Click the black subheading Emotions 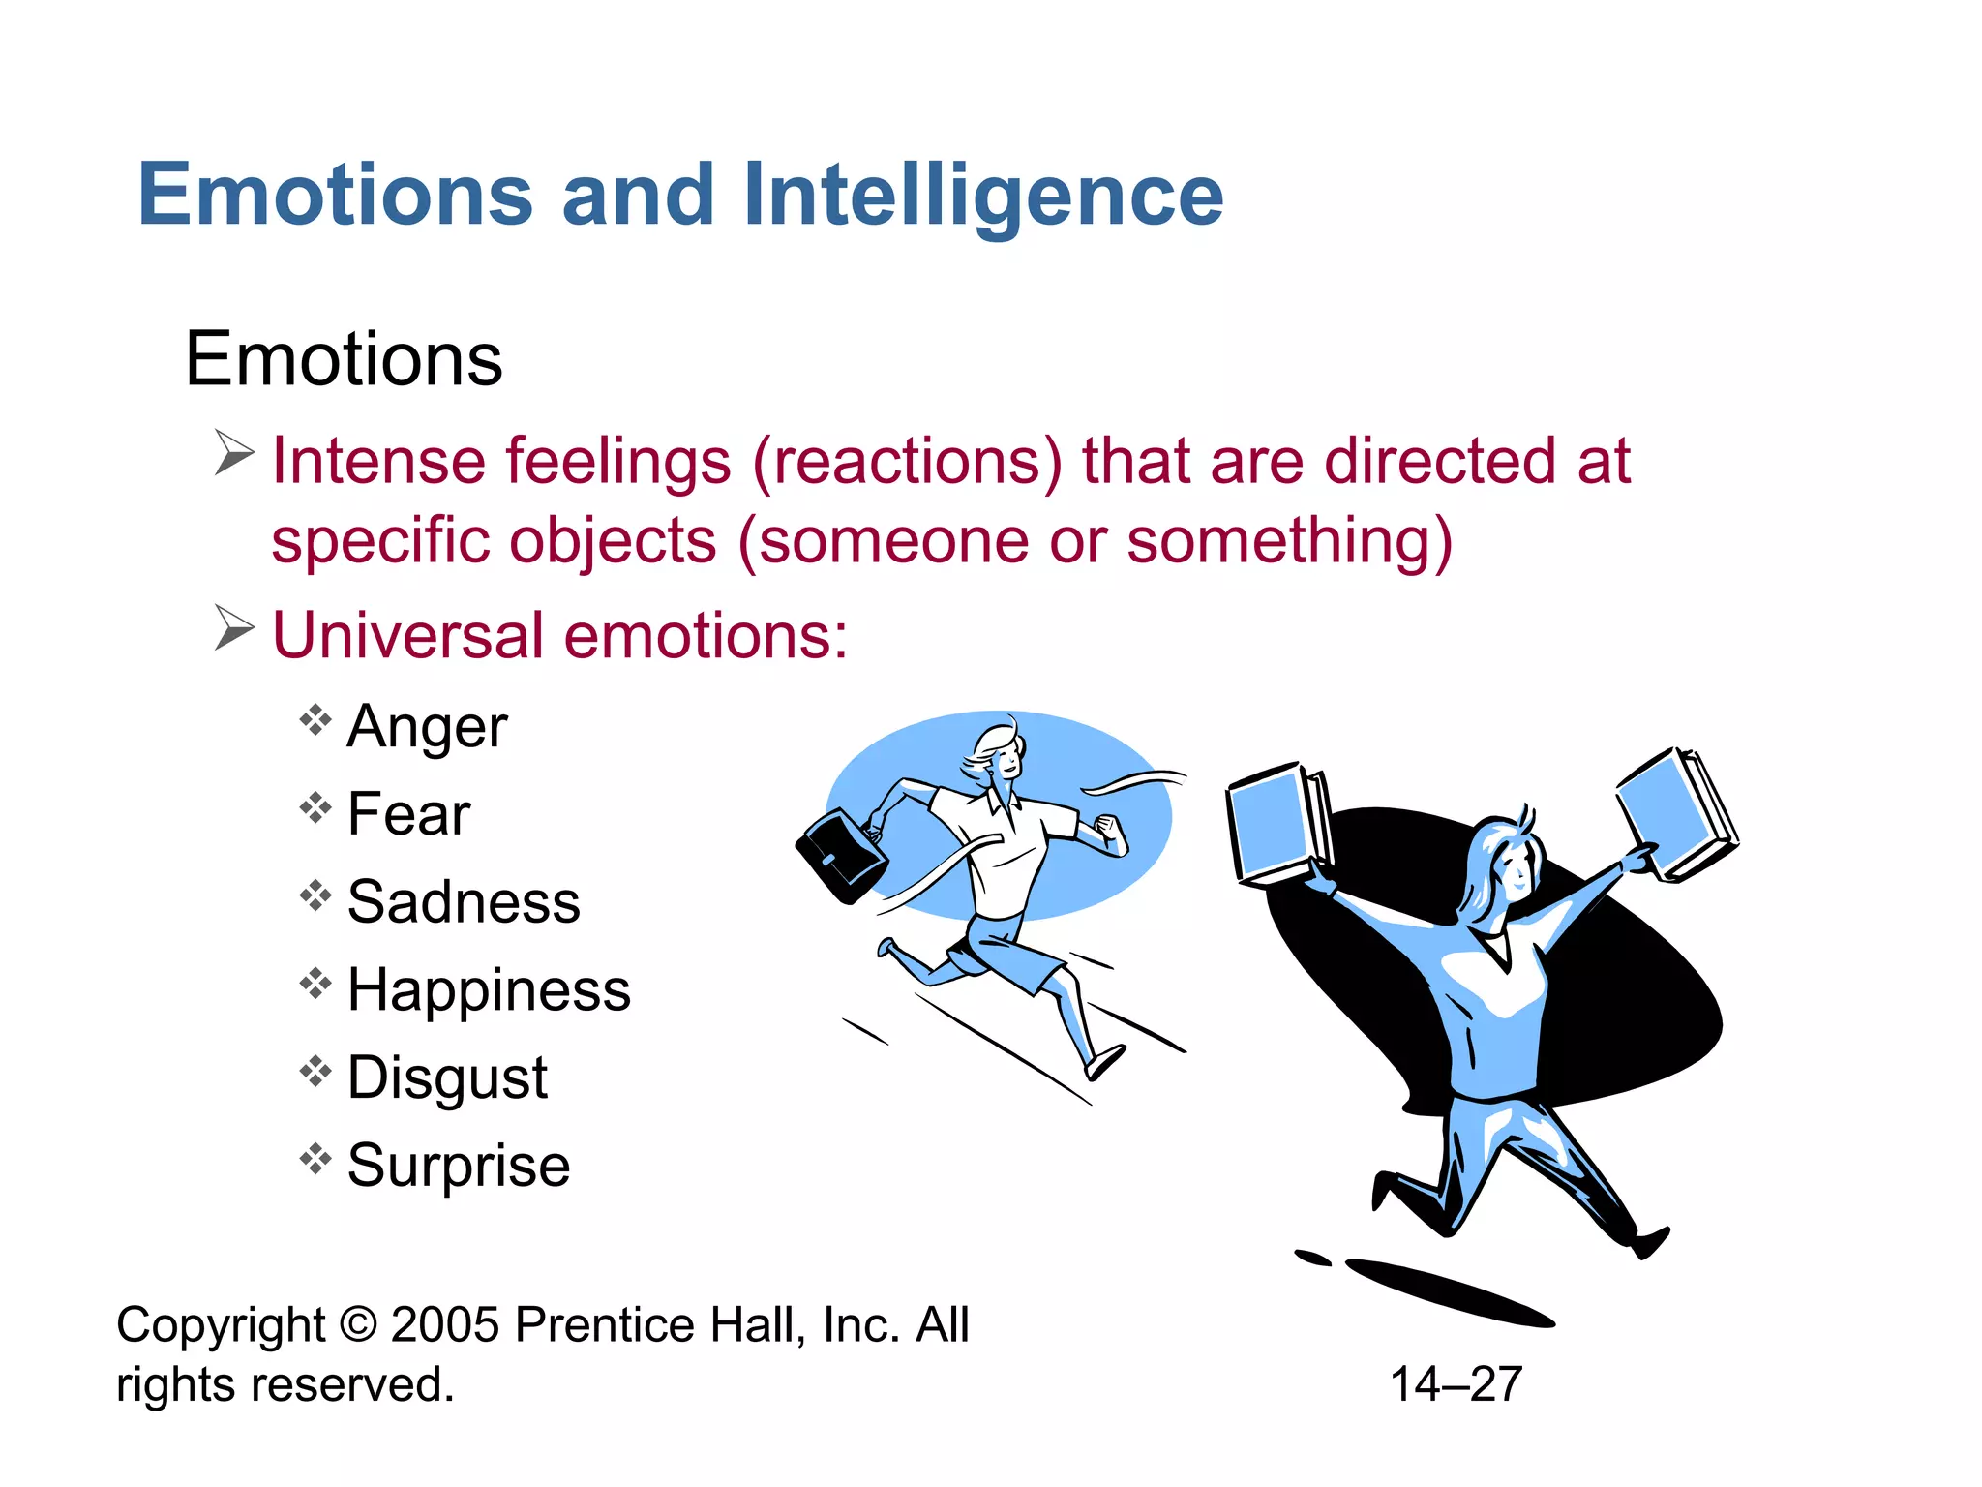click(344, 359)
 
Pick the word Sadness click(464, 901)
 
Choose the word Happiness click(489, 989)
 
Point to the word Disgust click(447, 1077)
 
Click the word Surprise click(459, 1165)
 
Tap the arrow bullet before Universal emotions click(234, 628)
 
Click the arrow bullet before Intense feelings click(234, 453)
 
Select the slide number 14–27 click(1456, 1383)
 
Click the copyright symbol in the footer click(358, 1325)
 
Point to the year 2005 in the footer click(445, 1325)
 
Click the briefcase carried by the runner click(840, 857)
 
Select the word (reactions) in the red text click(907, 461)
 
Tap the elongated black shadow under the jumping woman click(1448, 1292)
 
